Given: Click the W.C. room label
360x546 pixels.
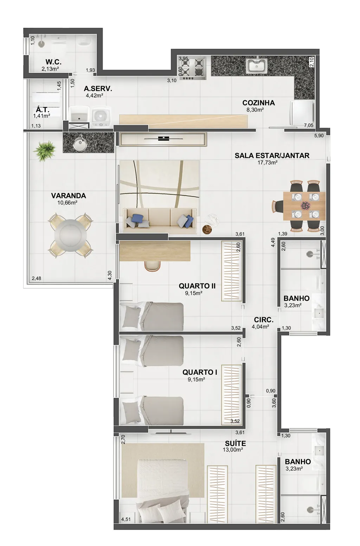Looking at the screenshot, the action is pos(53,62).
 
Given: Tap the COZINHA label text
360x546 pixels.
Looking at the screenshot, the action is pos(258,103).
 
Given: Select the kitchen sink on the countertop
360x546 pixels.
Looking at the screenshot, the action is pos(257,65).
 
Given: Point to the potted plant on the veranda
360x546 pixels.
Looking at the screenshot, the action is pos(45,150).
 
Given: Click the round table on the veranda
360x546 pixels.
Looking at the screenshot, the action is pos(70,235).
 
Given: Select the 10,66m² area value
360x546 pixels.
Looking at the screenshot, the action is pos(67,202).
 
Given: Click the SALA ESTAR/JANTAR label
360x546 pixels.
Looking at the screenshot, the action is pos(272,155).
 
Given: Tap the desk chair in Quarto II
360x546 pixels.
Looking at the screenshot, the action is pos(152,266).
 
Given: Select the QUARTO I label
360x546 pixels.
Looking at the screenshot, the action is pos(200,372).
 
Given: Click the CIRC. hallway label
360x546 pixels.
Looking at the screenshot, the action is pos(264,319).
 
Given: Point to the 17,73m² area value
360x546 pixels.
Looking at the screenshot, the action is pos(268,162).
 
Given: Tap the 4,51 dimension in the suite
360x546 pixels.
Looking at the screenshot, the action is pos(126,520).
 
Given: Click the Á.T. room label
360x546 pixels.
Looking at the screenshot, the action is pos(43,110).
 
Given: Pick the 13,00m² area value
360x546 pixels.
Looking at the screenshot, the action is pos(233,450).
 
